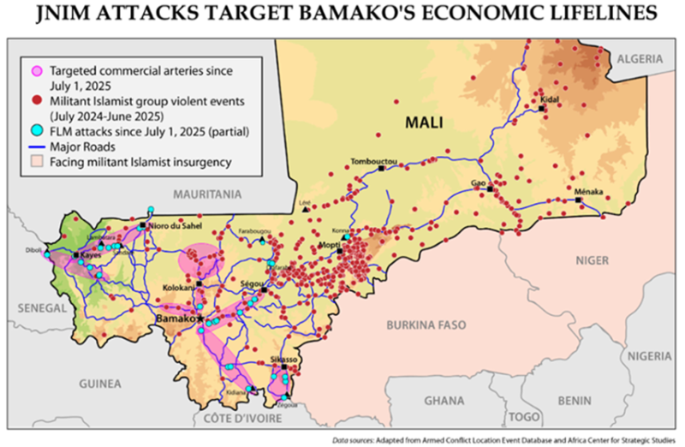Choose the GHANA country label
(444, 400)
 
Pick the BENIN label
(573, 400)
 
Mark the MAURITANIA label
(207, 195)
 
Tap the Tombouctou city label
(374, 161)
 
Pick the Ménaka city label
(590, 191)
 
